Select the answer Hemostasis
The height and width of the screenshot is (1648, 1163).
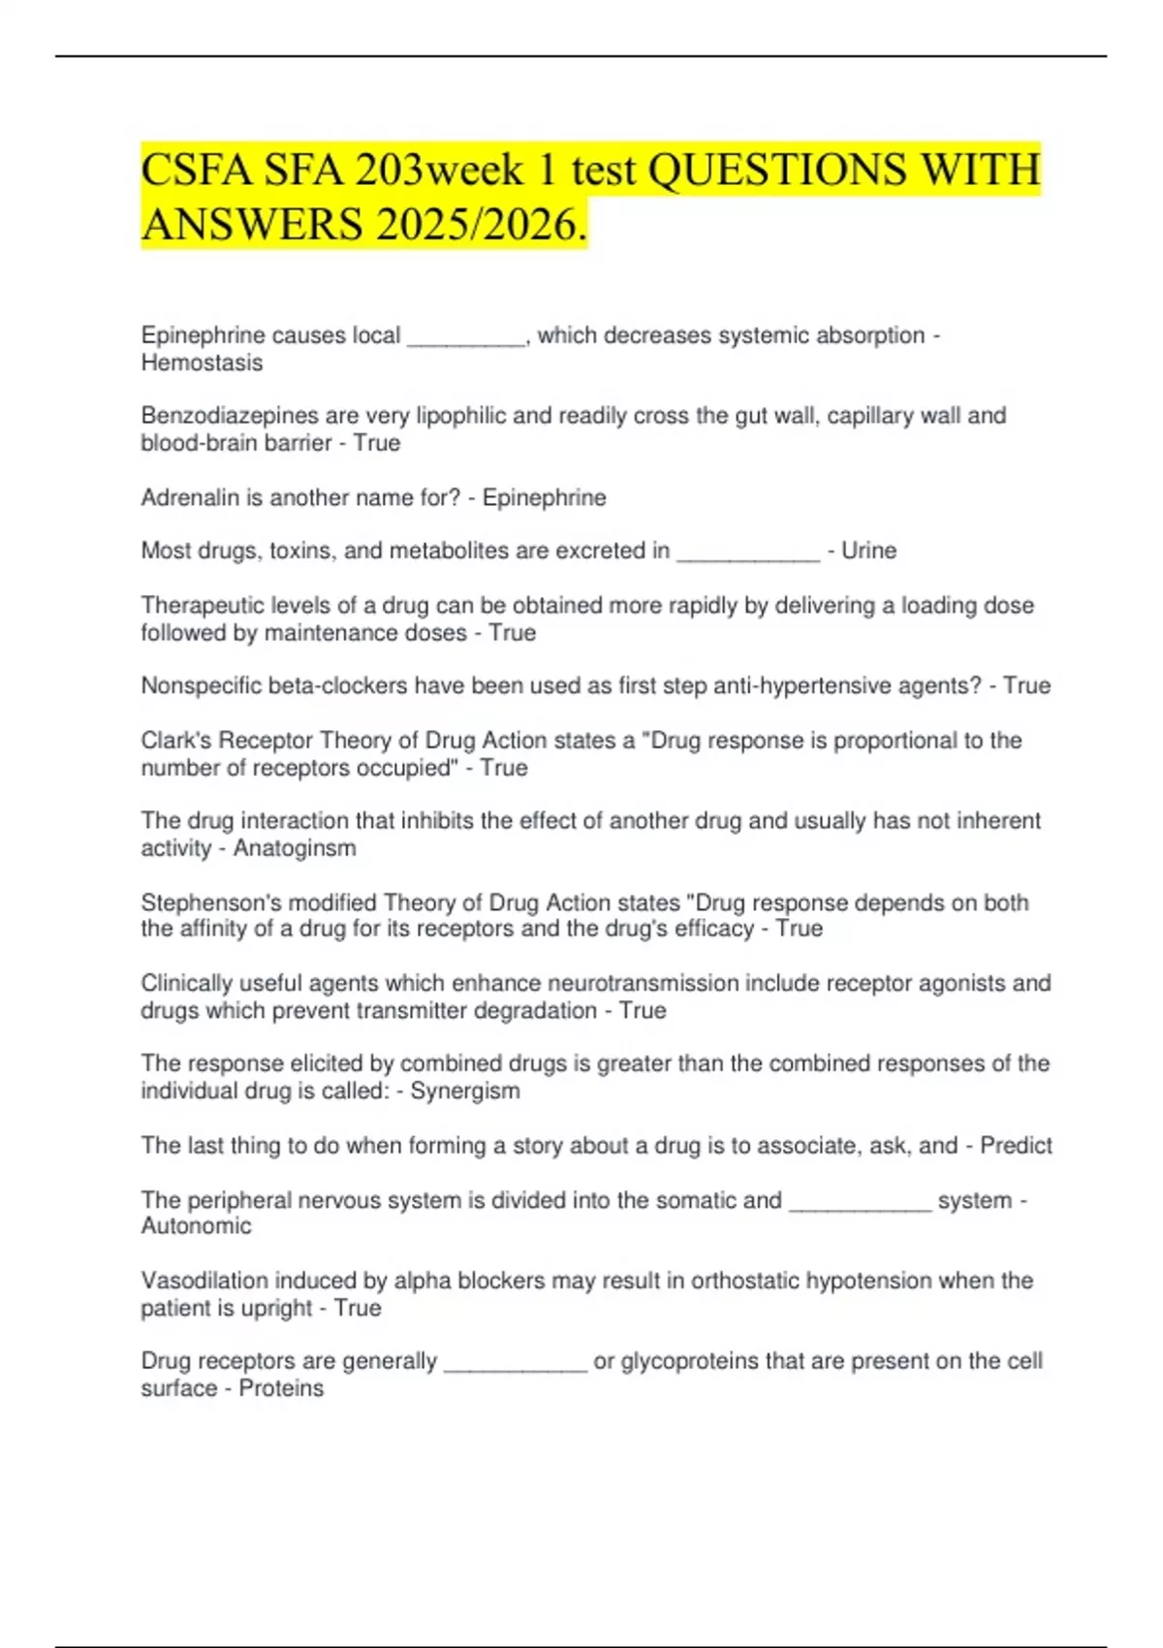[x=202, y=363]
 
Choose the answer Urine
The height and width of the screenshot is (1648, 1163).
[x=868, y=551]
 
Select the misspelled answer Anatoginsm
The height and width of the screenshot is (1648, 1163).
[x=294, y=848]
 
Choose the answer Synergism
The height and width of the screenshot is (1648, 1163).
[x=464, y=1091]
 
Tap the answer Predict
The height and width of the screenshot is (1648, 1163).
[x=1016, y=1145]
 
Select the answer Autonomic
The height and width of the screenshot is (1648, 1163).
[x=196, y=1225]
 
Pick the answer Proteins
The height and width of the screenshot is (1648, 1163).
[x=281, y=1388]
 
